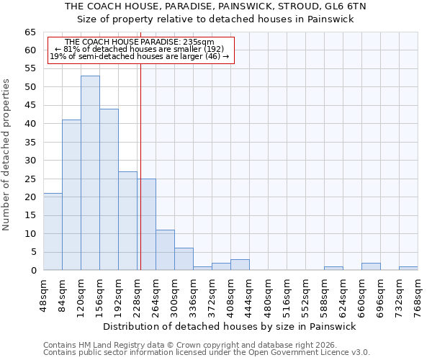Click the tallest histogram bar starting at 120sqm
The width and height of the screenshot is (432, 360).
click(90, 173)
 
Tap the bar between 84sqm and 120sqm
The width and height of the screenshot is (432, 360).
click(71, 194)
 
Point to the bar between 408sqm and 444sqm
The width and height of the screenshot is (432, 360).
click(240, 265)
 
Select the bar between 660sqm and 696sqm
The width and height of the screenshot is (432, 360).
click(371, 266)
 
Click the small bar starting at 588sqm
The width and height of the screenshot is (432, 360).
click(333, 269)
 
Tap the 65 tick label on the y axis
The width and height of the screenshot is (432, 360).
click(30, 32)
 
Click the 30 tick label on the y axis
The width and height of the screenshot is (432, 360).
click(30, 161)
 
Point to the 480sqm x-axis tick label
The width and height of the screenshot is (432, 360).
click(269, 297)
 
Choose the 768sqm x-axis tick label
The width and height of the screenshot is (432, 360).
click(418, 297)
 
